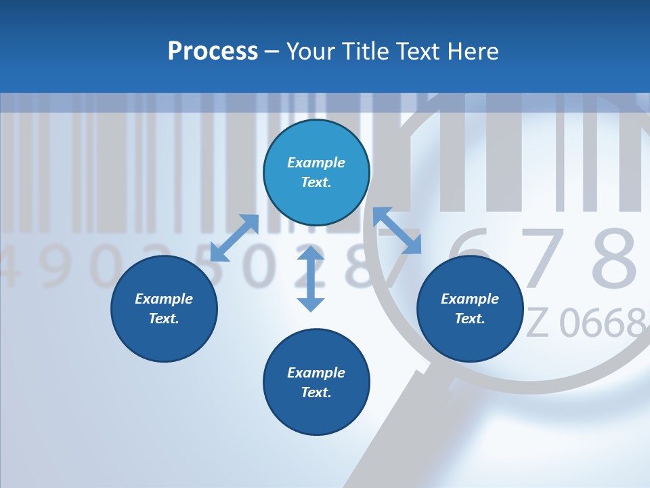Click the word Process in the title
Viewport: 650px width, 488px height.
[213, 52]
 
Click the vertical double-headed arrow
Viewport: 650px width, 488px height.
[311, 279]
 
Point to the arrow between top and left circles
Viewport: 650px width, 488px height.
[234, 238]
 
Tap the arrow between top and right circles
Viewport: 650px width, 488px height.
[397, 230]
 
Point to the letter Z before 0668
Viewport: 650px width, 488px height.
[537, 323]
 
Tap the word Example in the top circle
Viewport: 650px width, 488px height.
[316, 163]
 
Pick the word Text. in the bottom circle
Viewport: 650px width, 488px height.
[316, 392]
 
